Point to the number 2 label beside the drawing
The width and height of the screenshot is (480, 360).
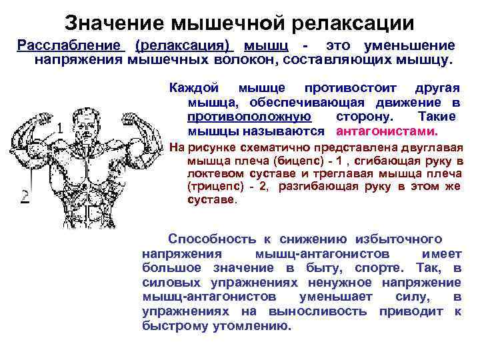[x=25, y=196]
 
